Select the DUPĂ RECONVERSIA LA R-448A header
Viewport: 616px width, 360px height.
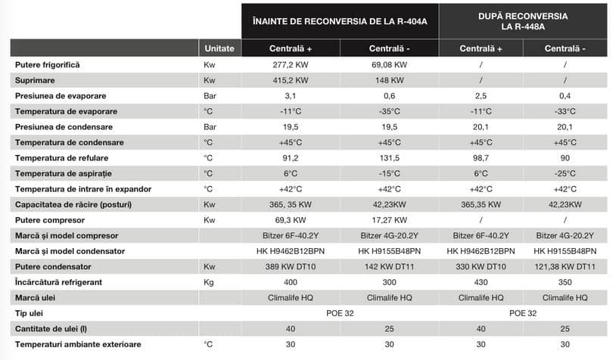pyautogui.click(x=524, y=20)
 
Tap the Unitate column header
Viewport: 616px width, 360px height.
pyautogui.click(x=219, y=48)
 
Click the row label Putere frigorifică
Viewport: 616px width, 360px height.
pyautogui.click(x=48, y=65)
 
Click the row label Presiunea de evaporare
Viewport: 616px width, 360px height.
pyautogui.click(x=61, y=96)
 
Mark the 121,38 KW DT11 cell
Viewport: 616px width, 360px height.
pyautogui.click(x=565, y=267)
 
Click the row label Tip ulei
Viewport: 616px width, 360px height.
pyautogui.click(x=28, y=313)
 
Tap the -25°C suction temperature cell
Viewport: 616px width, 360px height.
pyautogui.click(x=565, y=173)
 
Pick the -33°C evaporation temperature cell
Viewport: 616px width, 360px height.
pyautogui.click(x=565, y=111)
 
